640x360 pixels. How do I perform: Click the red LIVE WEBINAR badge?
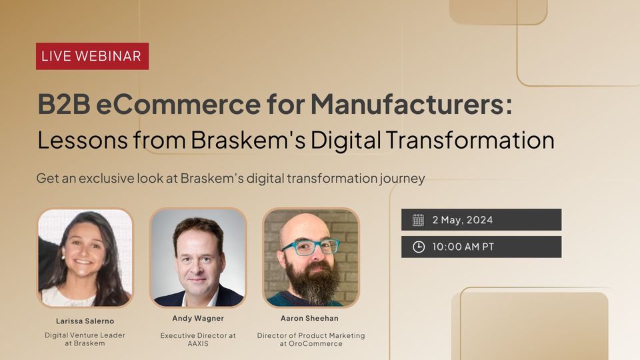(x=92, y=56)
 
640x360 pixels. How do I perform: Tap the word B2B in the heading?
(x=64, y=104)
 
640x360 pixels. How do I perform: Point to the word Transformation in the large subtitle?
(x=470, y=139)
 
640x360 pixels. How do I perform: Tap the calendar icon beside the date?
(x=418, y=220)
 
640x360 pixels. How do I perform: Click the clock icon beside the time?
(x=419, y=247)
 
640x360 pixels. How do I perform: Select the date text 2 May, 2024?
(x=463, y=220)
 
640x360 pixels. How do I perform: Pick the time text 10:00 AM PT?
(x=463, y=247)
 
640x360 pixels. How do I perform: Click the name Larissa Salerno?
(x=85, y=321)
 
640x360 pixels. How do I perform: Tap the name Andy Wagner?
(x=198, y=319)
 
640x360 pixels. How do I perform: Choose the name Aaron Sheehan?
(x=309, y=319)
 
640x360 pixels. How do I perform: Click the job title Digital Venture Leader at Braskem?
(x=85, y=339)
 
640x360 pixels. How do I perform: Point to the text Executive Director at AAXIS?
(x=198, y=339)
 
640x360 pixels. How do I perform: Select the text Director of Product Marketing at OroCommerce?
(x=311, y=339)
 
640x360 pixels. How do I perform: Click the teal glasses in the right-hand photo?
(x=309, y=247)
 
